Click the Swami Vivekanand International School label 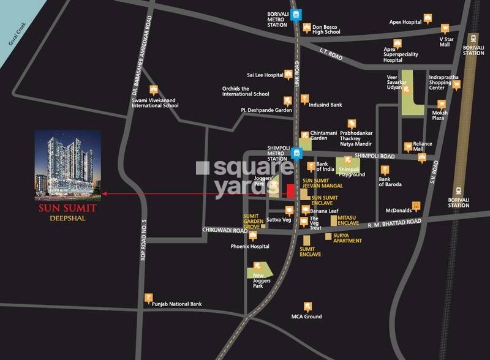[155, 102]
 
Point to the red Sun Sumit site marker [290, 190]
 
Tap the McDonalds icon [417, 206]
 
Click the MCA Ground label [306, 317]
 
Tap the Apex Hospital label [405, 23]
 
